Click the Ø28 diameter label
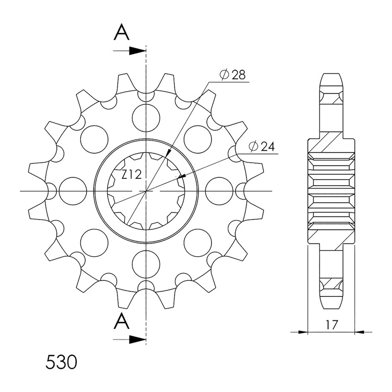pos(232,74)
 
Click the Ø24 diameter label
pos(262,146)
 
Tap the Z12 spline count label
pos(132,174)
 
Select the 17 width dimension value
pos(332,325)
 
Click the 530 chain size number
pos(61,363)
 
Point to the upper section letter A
pos(122,32)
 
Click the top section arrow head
pos(137,51)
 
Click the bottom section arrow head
pos(137,340)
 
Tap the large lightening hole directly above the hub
pos(146,118)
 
